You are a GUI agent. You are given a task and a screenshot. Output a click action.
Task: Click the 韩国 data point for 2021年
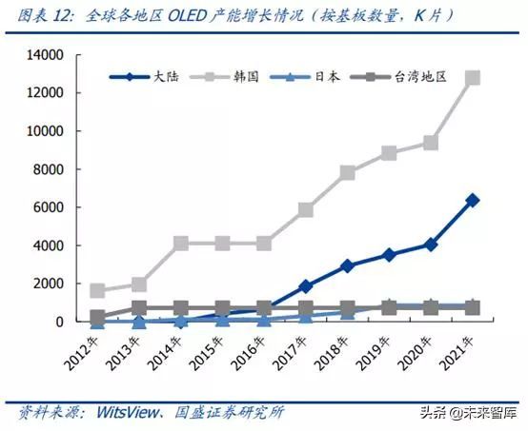472,78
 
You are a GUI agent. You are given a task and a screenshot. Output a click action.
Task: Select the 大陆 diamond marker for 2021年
472,201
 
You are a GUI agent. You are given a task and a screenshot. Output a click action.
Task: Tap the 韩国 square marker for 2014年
180,244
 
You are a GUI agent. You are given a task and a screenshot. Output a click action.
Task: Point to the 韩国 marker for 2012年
97,291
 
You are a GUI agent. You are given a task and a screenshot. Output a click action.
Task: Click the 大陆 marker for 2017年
305,286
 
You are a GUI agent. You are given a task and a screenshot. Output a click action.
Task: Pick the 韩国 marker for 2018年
347,173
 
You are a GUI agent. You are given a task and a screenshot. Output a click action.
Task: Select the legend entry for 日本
309,76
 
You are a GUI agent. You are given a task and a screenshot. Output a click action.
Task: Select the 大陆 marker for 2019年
389,255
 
